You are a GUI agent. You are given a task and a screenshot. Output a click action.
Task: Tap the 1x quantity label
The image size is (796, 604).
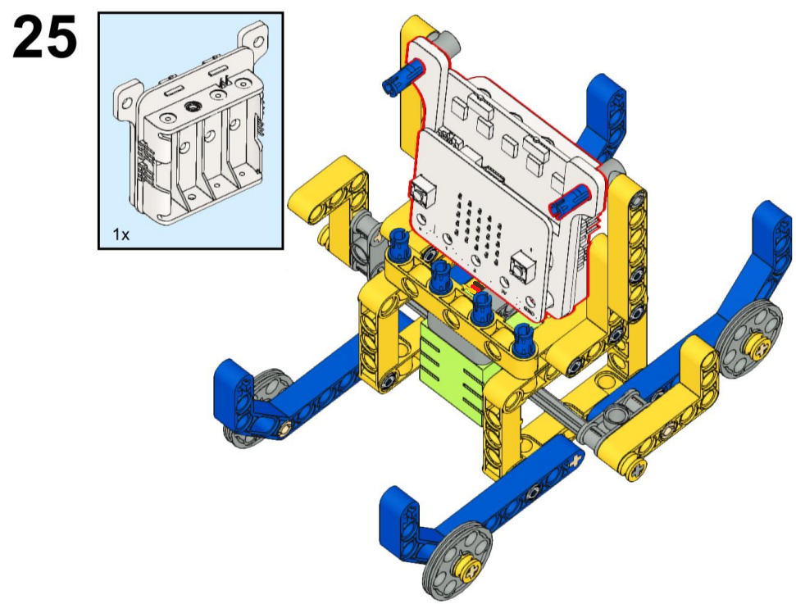coord(121,234)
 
